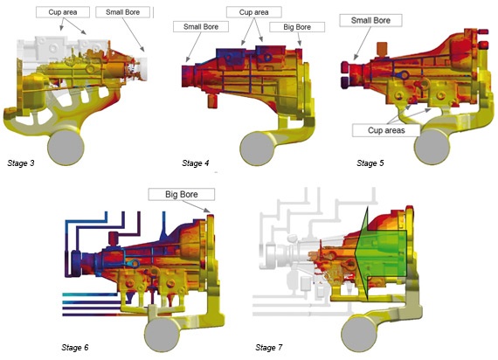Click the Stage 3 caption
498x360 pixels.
[x=21, y=163]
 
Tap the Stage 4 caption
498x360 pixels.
[x=196, y=163]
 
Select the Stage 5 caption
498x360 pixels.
[x=370, y=163]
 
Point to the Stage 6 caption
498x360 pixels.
[x=75, y=348]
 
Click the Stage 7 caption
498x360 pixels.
[x=269, y=348]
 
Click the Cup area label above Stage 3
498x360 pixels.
[x=63, y=12]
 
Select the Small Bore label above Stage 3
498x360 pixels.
[x=122, y=12]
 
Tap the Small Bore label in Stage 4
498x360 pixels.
[x=201, y=27]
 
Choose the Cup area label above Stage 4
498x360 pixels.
[x=253, y=12]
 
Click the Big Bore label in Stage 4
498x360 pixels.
[x=297, y=27]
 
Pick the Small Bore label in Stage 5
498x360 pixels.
[x=370, y=20]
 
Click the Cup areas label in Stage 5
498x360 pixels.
[x=386, y=130]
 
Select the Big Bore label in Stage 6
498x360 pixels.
[x=182, y=194]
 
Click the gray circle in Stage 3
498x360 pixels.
[x=66, y=148]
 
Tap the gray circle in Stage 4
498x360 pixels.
[x=257, y=149]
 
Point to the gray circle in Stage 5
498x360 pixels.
[x=432, y=147]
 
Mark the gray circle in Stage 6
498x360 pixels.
[x=163, y=335]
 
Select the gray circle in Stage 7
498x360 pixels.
[x=359, y=334]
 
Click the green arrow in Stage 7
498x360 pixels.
[x=380, y=253]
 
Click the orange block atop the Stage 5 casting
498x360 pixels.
[x=382, y=48]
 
